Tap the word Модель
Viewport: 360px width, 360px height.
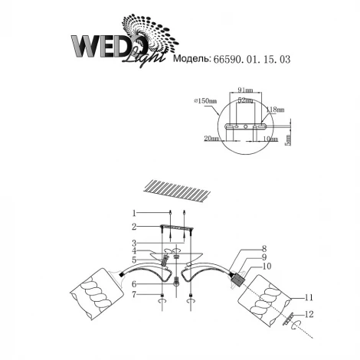pos(197,58)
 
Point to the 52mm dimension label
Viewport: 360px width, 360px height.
pos(246,100)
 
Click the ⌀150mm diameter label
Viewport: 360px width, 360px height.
pos(205,100)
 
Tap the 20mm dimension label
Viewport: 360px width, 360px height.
pos(211,139)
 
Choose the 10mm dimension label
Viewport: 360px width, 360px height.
pos(269,139)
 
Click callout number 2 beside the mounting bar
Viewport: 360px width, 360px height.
pos(133,227)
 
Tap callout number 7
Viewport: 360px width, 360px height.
pos(133,295)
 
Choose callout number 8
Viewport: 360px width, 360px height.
pos(263,248)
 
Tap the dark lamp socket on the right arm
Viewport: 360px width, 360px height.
pos(239,277)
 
